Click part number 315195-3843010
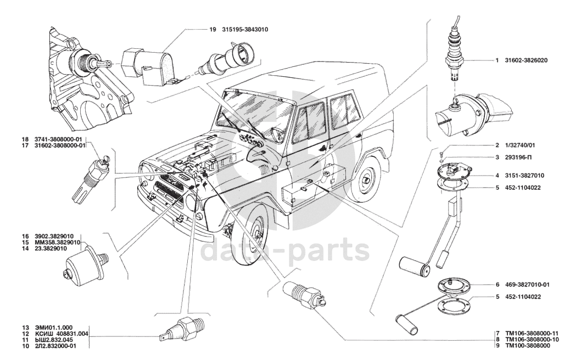(245, 30)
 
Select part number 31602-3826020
(526, 60)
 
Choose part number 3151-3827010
(524, 176)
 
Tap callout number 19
(213, 30)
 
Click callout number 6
(497, 285)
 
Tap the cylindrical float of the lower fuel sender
(406, 324)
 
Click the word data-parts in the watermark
(284, 250)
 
